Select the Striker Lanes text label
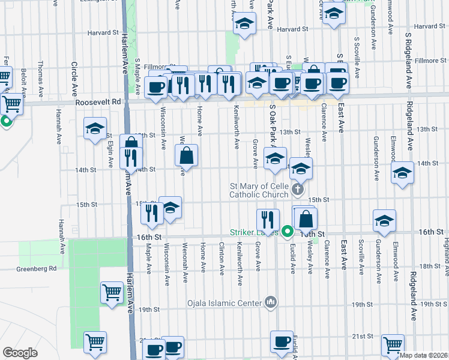pyautogui.click(x=253, y=232)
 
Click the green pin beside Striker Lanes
pyautogui.click(x=288, y=231)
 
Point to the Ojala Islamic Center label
pyautogui.click(x=225, y=301)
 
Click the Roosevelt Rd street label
pyautogui.click(x=98, y=103)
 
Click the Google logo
pyautogui.click(x=20, y=353)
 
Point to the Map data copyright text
pyautogui.click(x=423, y=355)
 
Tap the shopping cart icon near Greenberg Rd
pyautogui.click(x=112, y=293)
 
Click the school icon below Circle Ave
pyautogui.click(x=94, y=130)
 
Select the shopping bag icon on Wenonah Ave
pyautogui.click(x=187, y=155)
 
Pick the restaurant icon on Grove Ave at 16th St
pyautogui.click(x=267, y=219)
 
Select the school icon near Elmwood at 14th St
pyautogui.click(x=402, y=173)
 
